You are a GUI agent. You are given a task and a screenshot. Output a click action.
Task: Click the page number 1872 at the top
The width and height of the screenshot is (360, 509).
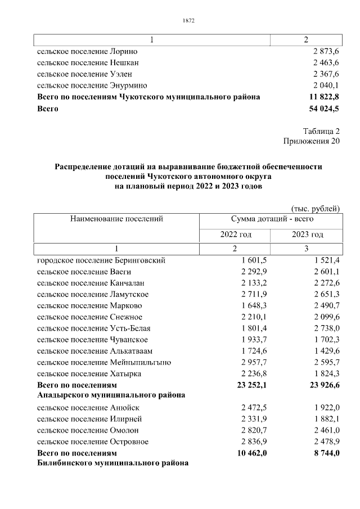(188, 21)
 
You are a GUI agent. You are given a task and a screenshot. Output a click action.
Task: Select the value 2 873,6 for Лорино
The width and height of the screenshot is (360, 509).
(326, 52)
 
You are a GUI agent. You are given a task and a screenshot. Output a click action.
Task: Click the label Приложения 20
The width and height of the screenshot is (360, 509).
(312, 141)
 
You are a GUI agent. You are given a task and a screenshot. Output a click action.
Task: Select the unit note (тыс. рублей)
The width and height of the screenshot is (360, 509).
(315, 209)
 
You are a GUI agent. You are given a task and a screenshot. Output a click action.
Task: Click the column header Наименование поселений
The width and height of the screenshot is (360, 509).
(116, 219)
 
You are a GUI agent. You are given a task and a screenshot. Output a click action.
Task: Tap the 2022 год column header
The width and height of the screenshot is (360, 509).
(235, 234)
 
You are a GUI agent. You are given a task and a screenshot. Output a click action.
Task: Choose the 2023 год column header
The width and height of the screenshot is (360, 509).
(307, 234)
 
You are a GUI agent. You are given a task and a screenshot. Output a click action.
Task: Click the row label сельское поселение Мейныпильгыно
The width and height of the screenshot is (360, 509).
(104, 362)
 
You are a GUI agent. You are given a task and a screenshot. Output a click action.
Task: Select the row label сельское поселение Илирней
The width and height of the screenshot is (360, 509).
(89, 419)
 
